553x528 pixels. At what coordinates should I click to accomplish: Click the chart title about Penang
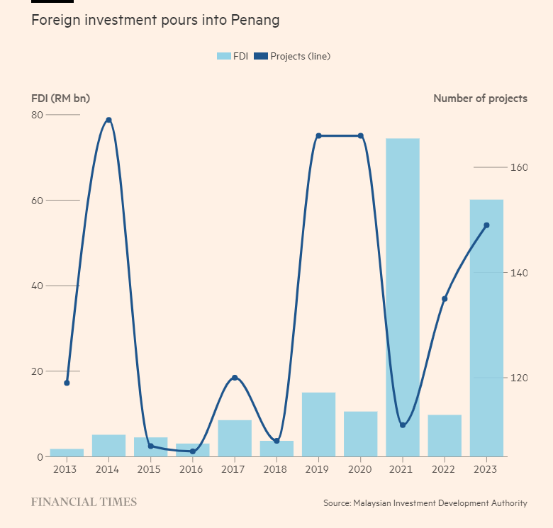pos(155,21)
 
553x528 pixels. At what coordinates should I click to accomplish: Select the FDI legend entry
pos(232,56)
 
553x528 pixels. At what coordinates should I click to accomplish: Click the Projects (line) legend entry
pos(292,56)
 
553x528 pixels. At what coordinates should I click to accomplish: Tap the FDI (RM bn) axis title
pos(60,99)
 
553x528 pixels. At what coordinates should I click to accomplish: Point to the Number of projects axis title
pos(480,99)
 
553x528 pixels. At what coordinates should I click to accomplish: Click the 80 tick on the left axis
pos(36,115)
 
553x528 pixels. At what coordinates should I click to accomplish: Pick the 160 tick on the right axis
pos(518,168)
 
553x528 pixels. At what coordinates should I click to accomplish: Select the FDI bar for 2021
pos(403,298)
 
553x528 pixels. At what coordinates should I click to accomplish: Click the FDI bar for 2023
pos(486,328)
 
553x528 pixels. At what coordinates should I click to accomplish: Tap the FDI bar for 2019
pos(318,425)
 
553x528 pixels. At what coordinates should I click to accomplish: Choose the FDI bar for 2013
pos(67,452)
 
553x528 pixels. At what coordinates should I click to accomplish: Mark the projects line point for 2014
pos(108,120)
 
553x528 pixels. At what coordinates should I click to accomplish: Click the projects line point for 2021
pos(403,425)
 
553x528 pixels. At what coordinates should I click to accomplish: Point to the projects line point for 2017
pos(235,378)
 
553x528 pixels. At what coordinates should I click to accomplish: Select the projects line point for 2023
pos(486,225)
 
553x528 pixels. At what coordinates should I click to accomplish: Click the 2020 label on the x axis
pos(360,469)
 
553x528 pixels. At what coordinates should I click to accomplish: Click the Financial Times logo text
pos(84,502)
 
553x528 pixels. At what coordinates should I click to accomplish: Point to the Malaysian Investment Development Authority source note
pos(425,503)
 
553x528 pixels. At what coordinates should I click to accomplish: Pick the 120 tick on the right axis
pos(518,378)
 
